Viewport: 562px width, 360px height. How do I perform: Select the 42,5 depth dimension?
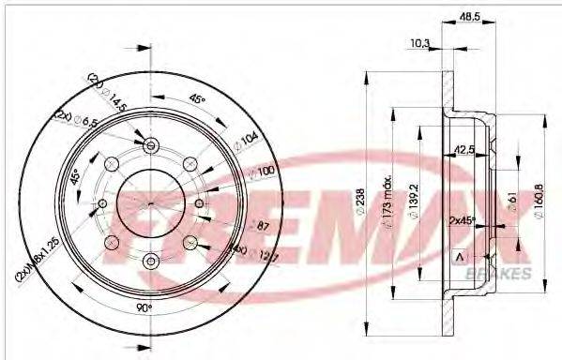pos(461,147)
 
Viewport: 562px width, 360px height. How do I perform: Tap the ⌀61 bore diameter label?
pos(512,202)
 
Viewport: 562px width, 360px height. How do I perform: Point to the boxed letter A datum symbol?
pos(458,257)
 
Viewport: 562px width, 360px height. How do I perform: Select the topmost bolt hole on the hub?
pos(152,144)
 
